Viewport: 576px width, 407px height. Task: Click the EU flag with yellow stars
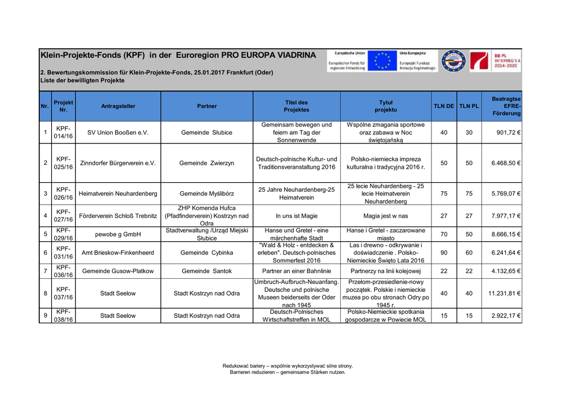[x=382, y=61]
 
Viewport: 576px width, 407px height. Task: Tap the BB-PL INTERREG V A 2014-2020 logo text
[x=507, y=61]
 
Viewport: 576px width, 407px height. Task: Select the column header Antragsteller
[x=118, y=106]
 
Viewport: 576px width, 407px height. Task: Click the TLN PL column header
[x=469, y=106]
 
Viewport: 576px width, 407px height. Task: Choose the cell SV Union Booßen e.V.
[x=118, y=133]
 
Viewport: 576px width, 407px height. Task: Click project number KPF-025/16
[x=63, y=163]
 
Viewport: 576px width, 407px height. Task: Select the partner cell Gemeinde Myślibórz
[x=206, y=193]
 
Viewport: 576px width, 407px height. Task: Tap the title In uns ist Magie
[x=297, y=216]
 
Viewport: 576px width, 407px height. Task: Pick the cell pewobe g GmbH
[x=118, y=234]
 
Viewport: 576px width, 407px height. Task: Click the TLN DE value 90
[x=444, y=253]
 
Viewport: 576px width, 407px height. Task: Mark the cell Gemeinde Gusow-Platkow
[x=118, y=271]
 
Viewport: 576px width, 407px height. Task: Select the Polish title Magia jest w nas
[x=386, y=216]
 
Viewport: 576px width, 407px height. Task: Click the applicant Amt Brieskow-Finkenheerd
[x=118, y=253]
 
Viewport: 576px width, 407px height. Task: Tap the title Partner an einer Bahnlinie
[x=297, y=271]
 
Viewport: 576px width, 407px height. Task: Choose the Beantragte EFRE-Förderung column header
[x=506, y=106]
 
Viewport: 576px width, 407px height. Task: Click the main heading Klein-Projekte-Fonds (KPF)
[x=93, y=56]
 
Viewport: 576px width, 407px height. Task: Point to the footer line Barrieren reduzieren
[x=287, y=372]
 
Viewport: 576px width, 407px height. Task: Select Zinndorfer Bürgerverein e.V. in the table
[x=118, y=163]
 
